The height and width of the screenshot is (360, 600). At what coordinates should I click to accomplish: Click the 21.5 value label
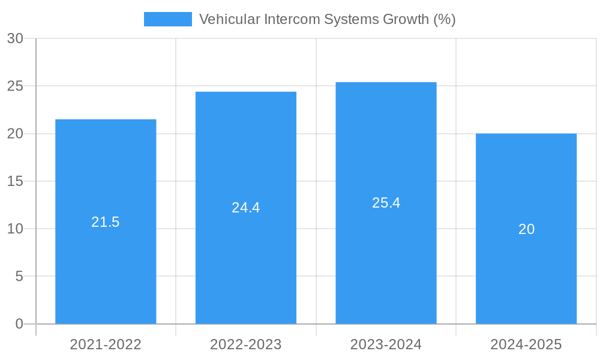coord(106,222)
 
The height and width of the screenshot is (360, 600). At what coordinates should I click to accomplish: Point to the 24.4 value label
coord(246,208)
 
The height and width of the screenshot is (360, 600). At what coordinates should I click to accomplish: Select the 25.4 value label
coord(386,203)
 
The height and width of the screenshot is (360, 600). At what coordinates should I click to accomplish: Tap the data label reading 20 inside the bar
coord(526,229)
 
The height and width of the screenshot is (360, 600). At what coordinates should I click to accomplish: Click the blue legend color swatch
coord(168,19)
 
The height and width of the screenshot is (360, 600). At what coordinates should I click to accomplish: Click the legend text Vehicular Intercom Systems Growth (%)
coord(327,19)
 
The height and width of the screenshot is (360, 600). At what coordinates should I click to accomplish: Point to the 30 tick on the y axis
coord(15,38)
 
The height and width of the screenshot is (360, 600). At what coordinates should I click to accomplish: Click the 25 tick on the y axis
coord(15,86)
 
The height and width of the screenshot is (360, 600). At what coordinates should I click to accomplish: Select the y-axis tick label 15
coord(15,181)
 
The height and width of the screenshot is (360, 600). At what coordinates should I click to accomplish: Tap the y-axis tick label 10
coord(15,229)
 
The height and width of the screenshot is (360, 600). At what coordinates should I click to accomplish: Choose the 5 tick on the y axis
coord(19,276)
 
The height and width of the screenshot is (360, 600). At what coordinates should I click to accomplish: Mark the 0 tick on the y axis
coord(19,324)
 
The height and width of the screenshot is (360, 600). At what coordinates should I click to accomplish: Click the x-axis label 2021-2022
coord(106,344)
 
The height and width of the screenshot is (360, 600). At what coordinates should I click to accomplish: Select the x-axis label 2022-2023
coord(246,344)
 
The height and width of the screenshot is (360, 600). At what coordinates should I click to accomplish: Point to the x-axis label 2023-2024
coord(386,344)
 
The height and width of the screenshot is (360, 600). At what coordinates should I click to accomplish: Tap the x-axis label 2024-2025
coord(526,344)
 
